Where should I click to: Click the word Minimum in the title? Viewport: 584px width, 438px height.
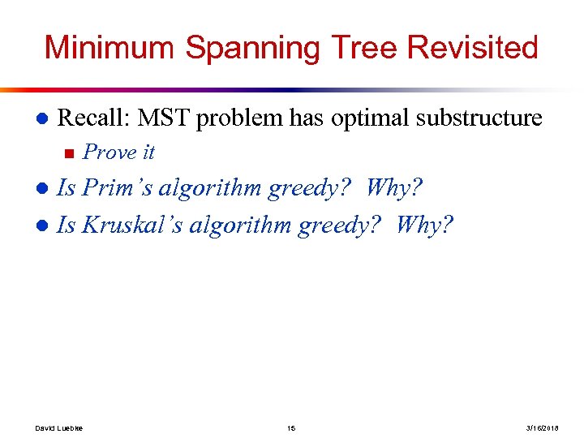pos(110,47)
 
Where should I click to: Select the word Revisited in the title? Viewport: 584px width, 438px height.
pos(472,47)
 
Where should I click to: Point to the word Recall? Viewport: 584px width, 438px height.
pos(93,118)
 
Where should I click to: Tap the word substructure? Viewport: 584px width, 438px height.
pos(479,118)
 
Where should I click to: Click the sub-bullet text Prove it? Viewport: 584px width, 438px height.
pos(118,152)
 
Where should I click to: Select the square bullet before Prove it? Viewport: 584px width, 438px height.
pos(68,152)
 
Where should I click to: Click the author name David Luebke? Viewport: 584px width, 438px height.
pos(59,427)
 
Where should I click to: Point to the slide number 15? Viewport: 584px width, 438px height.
pos(291,427)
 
